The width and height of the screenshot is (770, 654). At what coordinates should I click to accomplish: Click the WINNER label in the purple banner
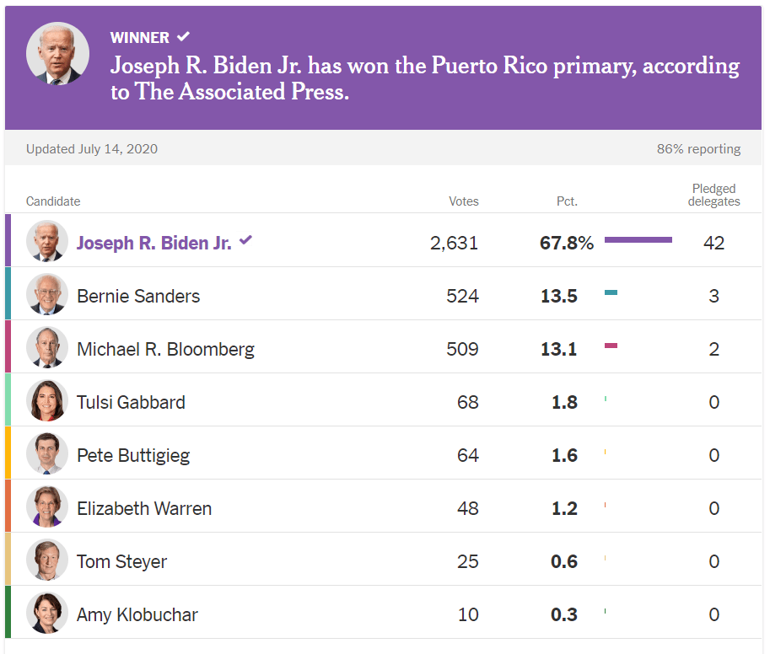139,37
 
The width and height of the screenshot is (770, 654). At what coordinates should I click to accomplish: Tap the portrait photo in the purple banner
57,54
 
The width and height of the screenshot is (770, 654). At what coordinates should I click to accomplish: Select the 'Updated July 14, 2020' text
91,149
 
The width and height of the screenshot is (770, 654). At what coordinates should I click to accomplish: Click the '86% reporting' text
698,149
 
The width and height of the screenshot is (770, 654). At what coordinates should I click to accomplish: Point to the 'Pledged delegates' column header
713,195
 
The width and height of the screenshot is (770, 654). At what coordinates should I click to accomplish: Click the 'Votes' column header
463,201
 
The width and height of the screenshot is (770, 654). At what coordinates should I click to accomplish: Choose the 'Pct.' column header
567,201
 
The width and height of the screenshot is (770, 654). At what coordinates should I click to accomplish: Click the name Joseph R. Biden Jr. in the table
153,243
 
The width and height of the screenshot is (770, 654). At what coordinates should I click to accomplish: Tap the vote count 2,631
454,243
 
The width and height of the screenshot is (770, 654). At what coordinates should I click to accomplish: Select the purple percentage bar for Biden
638,240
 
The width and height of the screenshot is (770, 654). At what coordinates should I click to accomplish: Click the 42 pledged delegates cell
713,243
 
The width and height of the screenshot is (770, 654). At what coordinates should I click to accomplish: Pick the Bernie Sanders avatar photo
46,295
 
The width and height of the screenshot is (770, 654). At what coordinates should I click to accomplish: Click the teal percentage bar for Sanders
611,293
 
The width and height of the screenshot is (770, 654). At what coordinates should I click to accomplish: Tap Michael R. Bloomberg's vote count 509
462,349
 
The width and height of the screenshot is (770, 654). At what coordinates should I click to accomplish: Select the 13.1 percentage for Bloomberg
558,349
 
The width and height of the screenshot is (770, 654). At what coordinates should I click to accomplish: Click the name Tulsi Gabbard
131,402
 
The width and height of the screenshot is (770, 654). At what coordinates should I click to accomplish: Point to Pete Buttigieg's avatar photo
46,454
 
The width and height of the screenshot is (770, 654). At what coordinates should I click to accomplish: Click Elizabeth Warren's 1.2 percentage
563,508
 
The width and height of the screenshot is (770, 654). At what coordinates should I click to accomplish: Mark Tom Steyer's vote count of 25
467,561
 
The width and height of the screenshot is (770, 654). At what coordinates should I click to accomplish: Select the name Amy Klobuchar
137,614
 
